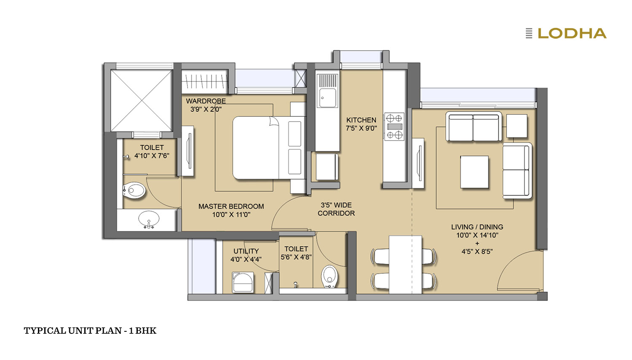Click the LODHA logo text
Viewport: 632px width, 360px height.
(x=572, y=33)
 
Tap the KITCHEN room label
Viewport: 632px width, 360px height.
(x=361, y=120)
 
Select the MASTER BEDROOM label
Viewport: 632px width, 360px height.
(x=231, y=207)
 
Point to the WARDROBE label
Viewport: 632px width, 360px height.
(x=206, y=101)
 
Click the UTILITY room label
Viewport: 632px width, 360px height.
(x=246, y=251)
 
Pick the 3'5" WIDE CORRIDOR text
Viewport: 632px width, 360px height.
(x=336, y=209)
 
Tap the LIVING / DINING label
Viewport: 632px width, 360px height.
(x=477, y=227)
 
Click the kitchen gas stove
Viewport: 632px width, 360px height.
(x=394, y=126)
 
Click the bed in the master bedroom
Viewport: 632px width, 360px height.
(x=269, y=148)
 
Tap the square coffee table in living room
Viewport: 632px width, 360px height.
(x=474, y=172)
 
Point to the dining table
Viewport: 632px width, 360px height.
(x=405, y=265)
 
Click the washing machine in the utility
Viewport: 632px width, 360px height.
(x=243, y=282)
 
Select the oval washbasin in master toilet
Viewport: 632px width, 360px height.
(x=149, y=219)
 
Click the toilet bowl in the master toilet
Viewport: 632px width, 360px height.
(x=134, y=191)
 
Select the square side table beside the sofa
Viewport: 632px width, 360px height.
(x=517, y=126)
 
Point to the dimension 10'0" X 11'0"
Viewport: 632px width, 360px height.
(x=231, y=215)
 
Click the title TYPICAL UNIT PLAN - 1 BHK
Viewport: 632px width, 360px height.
(x=90, y=330)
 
